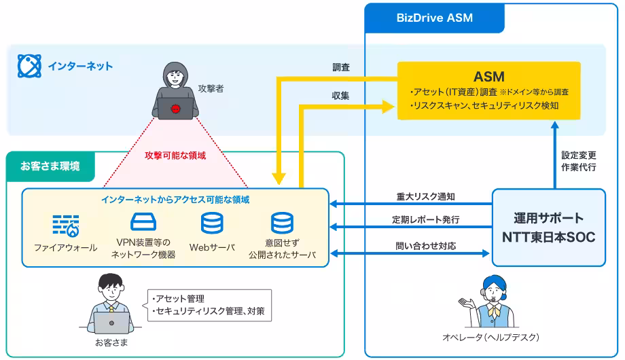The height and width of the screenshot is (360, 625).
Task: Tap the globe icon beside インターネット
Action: click(29, 66)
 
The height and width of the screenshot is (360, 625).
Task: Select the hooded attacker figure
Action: click(175, 92)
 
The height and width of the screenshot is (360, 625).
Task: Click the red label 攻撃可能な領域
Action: click(175, 155)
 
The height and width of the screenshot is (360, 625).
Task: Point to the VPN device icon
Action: click(143, 223)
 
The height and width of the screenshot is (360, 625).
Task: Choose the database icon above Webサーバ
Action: click(211, 224)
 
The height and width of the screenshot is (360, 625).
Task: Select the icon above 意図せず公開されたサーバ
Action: click(282, 224)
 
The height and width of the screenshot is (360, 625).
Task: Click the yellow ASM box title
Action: click(488, 77)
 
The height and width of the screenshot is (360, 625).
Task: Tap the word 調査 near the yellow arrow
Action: click(342, 68)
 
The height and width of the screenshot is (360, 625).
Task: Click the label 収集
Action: click(342, 96)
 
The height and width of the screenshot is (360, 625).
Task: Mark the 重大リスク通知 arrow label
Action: click(426, 197)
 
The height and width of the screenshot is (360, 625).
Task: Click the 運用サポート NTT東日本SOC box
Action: click(548, 228)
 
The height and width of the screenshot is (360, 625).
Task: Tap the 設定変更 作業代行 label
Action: click(579, 160)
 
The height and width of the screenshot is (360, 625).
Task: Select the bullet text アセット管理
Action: click(176, 299)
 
